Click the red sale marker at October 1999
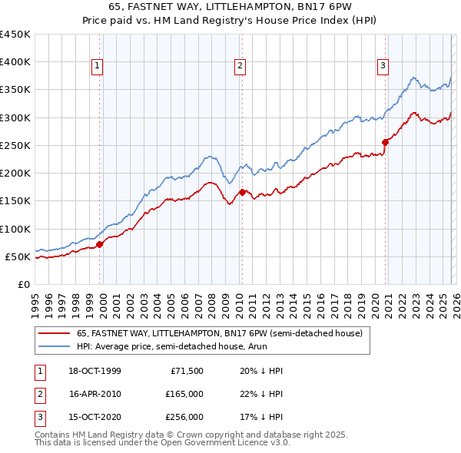pos(100,244)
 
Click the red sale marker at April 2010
pos(242,192)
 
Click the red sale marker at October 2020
pos(385,142)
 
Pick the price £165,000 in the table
pos(185,394)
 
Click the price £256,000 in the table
pos(185,418)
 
